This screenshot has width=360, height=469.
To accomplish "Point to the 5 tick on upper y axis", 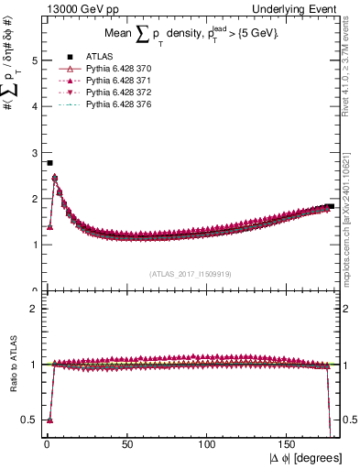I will click(x=35, y=60).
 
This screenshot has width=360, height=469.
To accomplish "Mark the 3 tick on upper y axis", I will click(x=35, y=152).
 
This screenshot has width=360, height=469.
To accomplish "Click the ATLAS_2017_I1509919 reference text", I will click(x=190, y=273).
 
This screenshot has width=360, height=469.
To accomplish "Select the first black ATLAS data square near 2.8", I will click(x=49, y=163).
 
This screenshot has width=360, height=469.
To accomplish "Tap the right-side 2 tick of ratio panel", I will click(x=347, y=309).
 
